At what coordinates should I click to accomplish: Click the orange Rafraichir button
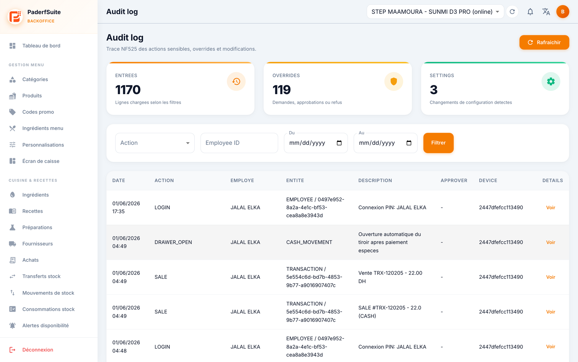click(544, 42)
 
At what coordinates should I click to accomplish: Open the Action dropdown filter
click(155, 143)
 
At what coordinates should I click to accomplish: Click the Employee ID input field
click(239, 143)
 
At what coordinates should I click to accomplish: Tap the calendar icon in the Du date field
click(339, 143)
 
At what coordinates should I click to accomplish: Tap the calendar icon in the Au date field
click(409, 143)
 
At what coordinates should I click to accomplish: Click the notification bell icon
click(530, 12)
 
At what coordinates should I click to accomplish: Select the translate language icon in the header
click(546, 12)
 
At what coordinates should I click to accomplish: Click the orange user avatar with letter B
click(562, 12)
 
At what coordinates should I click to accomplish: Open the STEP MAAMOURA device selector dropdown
click(435, 12)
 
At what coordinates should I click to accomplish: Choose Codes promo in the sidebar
click(38, 112)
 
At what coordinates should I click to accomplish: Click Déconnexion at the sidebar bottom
click(38, 350)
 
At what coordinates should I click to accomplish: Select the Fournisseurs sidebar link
click(38, 244)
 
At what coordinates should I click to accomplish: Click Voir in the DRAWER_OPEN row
click(551, 242)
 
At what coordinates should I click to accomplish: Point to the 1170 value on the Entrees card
click(128, 90)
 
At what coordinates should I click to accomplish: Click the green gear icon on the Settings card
click(551, 81)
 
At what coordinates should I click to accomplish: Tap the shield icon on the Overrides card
click(393, 81)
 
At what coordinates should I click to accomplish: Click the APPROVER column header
click(454, 181)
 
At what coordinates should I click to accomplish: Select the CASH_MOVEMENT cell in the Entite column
click(309, 242)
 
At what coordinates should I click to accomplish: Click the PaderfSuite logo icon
click(15, 17)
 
